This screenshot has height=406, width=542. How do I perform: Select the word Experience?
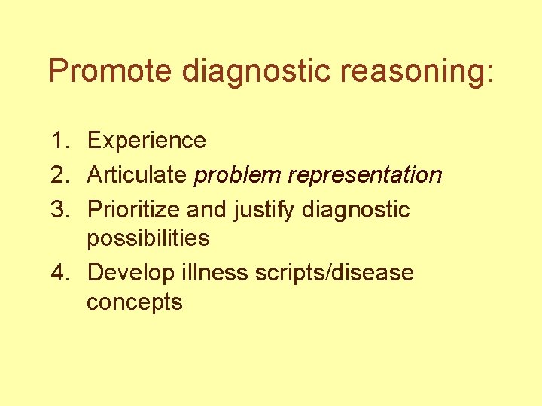(147, 141)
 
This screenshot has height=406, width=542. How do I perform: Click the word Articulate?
(137, 175)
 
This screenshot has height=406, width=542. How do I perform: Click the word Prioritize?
(135, 210)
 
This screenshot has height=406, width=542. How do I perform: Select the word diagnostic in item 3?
(355, 210)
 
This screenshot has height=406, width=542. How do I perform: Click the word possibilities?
(148, 239)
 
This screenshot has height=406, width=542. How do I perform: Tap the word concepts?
(135, 303)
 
